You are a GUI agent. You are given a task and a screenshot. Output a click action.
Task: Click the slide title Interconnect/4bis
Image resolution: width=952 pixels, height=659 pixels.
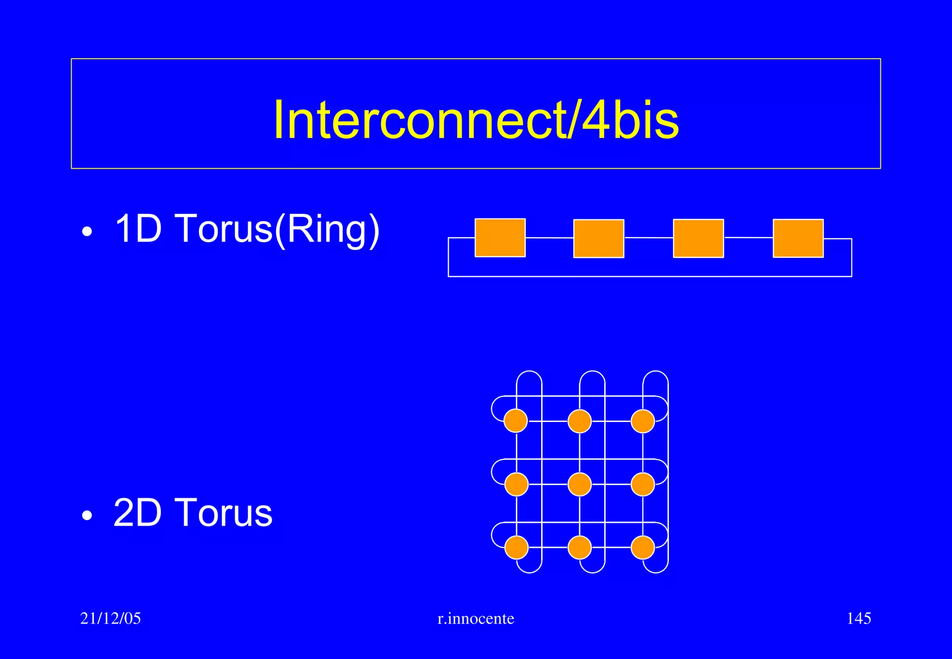(x=476, y=120)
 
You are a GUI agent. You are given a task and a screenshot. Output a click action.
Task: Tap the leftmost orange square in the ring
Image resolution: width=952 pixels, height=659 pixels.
(x=500, y=237)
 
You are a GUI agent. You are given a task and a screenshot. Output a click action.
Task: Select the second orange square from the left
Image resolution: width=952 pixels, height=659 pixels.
(x=599, y=238)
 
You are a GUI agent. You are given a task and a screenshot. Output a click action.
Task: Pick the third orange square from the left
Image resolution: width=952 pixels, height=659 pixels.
(x=698, y=238)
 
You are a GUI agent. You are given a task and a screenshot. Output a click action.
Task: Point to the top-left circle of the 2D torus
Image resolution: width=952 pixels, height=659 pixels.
(x=516, y=421)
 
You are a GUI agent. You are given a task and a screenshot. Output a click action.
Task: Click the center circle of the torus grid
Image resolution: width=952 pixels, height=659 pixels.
(x=580, y=484)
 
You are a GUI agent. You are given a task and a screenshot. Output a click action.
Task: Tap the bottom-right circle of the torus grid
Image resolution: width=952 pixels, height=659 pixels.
(x=643, y=547)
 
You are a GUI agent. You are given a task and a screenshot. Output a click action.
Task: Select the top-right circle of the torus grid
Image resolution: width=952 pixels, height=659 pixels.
(x=643, y=421)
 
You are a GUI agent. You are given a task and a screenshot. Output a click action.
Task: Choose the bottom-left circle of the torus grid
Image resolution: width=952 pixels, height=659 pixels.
(x=516, y=547)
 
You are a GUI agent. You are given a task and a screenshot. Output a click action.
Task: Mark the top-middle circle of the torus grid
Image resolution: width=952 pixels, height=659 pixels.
(x=580, y=421)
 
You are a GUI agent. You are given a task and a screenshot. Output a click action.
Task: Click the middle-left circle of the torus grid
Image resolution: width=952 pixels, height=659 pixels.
(x=516, y=484)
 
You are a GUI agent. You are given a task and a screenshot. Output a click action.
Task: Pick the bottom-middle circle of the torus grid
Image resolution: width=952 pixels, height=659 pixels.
(x=580, y=547)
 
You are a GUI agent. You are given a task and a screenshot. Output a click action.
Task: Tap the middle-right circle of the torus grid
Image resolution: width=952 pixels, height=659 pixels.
(x=643, y=484)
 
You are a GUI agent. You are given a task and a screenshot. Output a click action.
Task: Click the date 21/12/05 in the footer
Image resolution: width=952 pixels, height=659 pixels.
(x=111, y=619)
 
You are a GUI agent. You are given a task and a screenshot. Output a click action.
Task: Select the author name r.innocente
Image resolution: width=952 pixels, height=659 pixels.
(x=476, y=619)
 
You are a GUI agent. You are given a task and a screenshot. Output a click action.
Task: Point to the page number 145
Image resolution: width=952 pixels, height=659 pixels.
(x=859, y=619)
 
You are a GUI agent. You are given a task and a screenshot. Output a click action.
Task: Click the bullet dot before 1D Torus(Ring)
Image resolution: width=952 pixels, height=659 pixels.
(x=87, y=232)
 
